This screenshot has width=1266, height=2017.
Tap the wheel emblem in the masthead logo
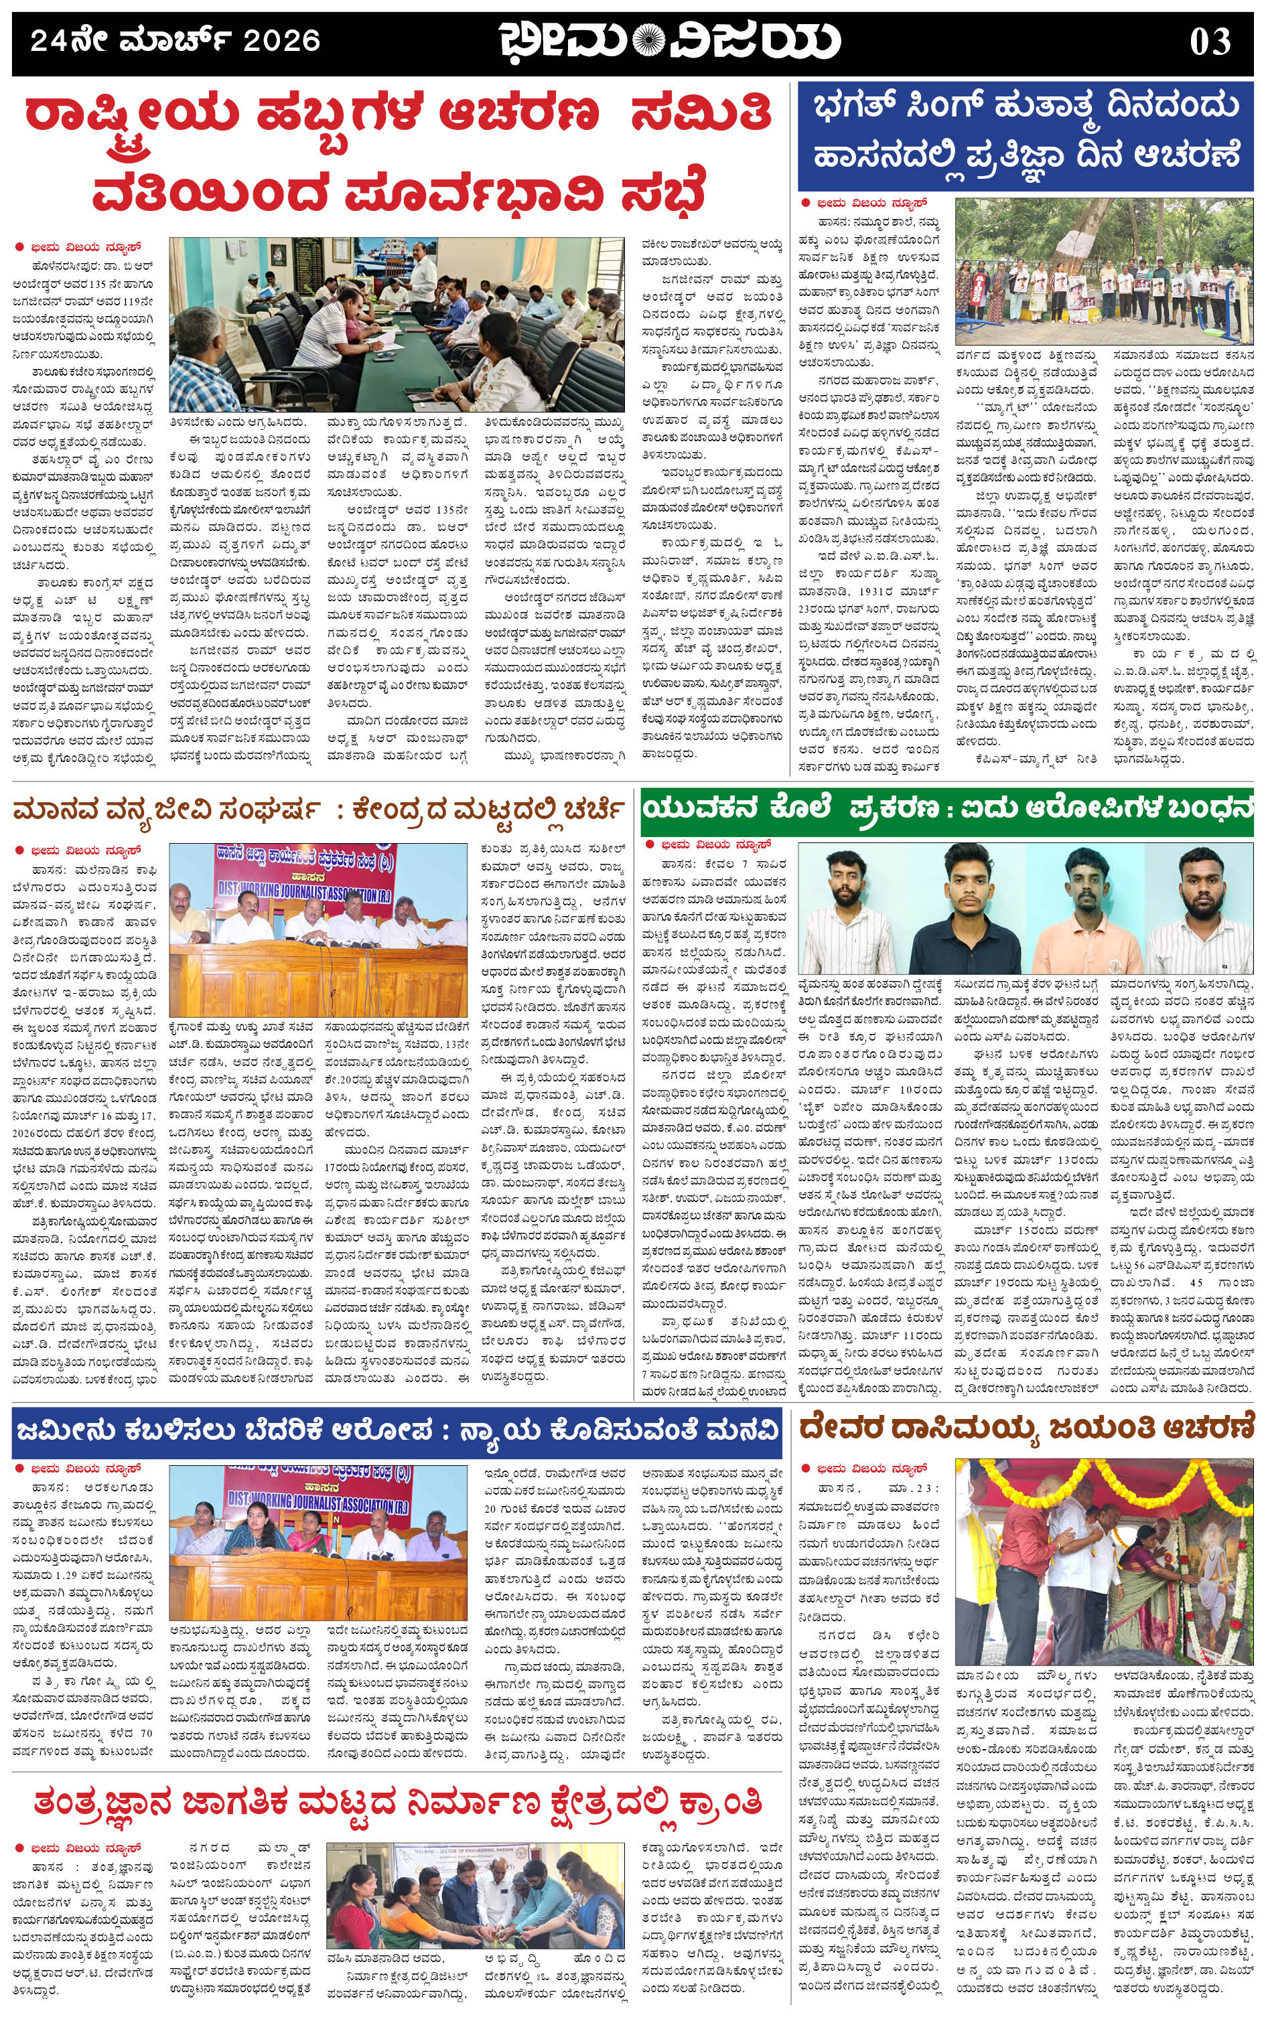647,40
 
